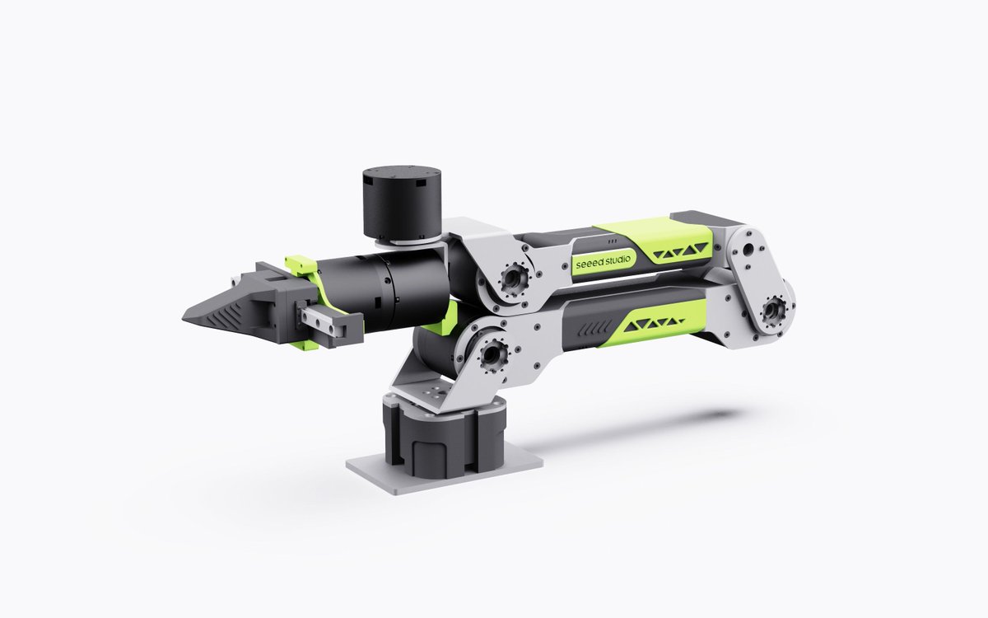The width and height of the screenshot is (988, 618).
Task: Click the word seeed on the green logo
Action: click(x=590, y=264)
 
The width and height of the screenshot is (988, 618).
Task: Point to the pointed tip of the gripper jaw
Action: click(x=184, y=316)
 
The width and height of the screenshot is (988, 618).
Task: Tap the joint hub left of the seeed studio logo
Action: click(x=513, y=279)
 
